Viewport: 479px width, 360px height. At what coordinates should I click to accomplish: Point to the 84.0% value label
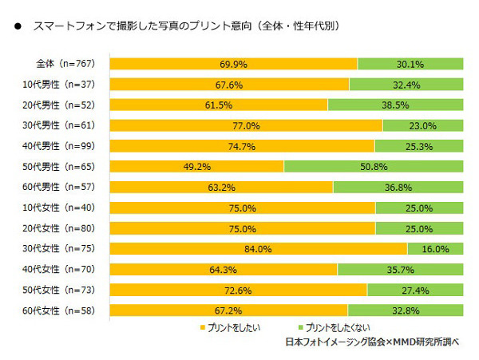[259, 249]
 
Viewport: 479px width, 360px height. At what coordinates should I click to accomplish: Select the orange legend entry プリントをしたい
[228, 327]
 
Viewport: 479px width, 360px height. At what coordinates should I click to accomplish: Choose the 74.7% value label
[242, 146]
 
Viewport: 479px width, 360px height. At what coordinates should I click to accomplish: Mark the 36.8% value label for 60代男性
[398, 187]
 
